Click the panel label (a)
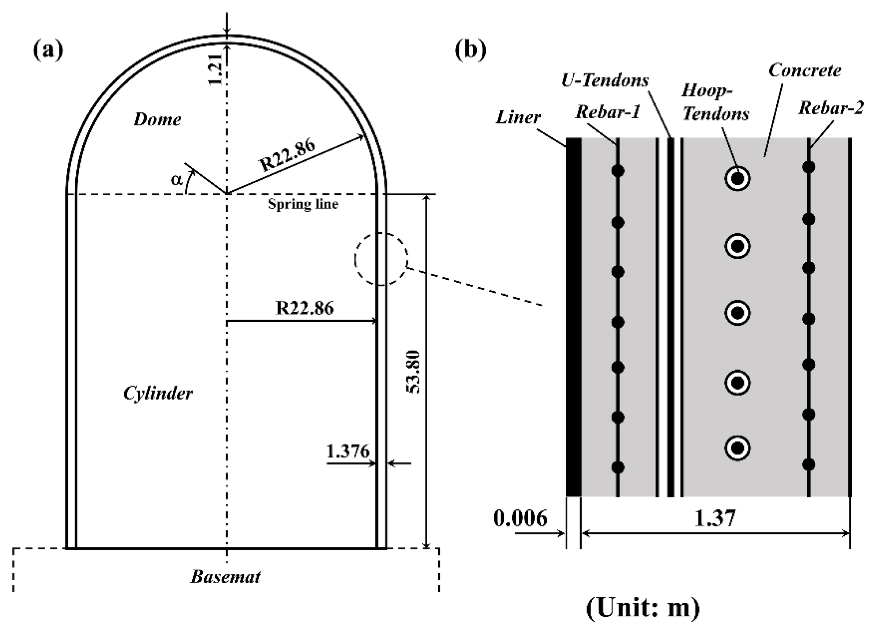(x=48, y=51)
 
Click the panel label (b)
(x=470, y=51)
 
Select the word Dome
(x=157, y=119)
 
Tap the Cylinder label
(x=158, y=394)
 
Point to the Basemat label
(x=225, y=577)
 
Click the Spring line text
(x=303, y=204)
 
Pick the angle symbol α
(x=177, y=180)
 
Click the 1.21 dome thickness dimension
(x=216, y=69)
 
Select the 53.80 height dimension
(x=414, y=372)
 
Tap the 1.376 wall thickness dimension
(x=348, y=451)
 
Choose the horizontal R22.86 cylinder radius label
(x=304, y=308)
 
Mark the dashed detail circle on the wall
(x=381, y=259)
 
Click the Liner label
(x=518, y=117)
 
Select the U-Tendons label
(x=605, y=81)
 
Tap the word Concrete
(x=805, y=70)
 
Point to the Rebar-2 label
(x=831, y=108)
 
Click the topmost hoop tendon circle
(x=737, y=179)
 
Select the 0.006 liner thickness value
(x=520, y=518)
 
